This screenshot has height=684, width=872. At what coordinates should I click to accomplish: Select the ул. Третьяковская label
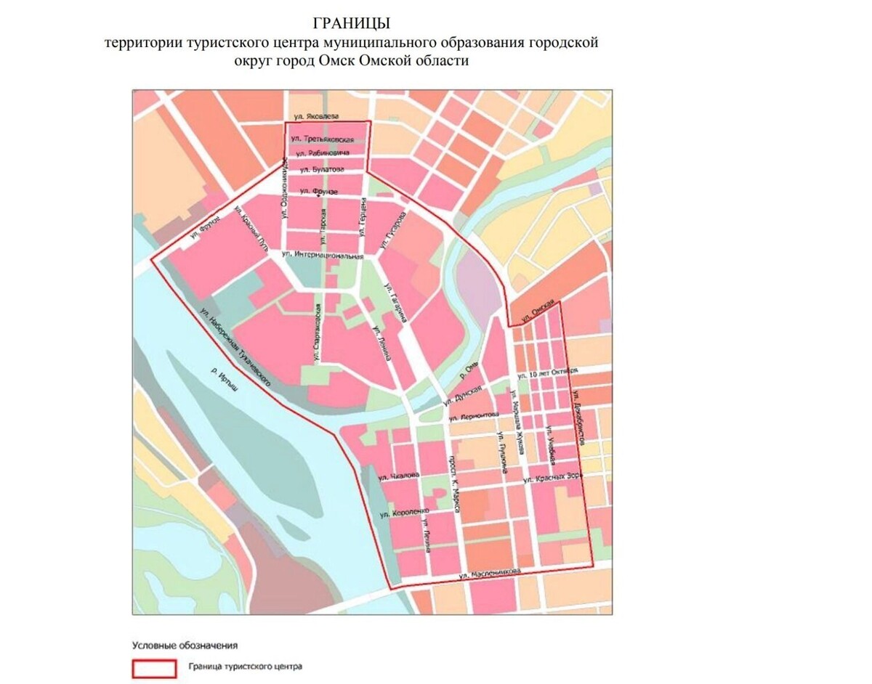pyautogui.click(x=322, y=139)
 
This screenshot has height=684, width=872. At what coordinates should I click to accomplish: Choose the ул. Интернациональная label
pyautogui.click(x=320, y=256)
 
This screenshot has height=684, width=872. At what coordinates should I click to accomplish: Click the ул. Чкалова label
pyautogui.click(x=399, y=476)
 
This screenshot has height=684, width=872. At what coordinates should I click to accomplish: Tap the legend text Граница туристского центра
pyautogui.click(x=244, y=666)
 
